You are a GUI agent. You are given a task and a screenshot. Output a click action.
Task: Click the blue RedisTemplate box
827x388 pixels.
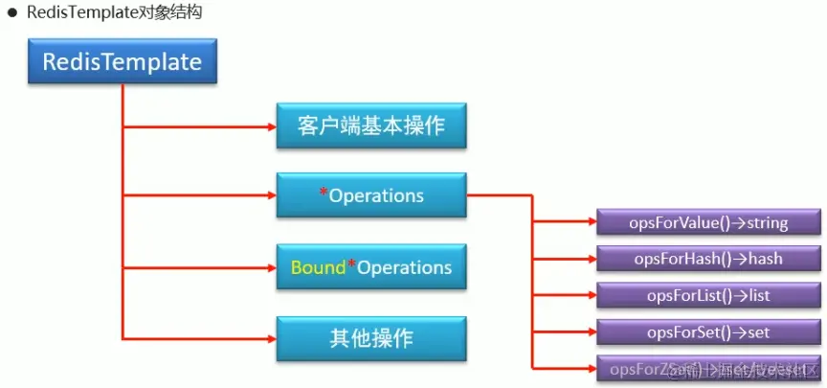click(123, 63)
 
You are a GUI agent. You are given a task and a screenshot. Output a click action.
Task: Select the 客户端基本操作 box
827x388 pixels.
click(371, 126)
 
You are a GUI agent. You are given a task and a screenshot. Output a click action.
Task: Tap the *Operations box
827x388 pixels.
click(371, 195)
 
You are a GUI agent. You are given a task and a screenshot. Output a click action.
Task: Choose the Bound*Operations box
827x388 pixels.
click(371, 266)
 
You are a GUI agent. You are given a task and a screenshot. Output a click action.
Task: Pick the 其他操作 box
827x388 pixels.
click(371, 338)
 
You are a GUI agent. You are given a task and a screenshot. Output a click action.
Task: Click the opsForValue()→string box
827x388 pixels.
click(708, 223)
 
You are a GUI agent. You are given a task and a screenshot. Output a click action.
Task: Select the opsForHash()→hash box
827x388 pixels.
click(708, 259)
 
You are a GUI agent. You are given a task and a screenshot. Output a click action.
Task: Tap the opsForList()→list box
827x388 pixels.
click(708, 296)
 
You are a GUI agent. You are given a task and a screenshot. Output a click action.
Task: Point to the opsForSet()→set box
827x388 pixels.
click(708, 332)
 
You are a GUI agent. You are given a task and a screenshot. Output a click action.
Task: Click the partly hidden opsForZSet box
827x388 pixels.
click(708, 369)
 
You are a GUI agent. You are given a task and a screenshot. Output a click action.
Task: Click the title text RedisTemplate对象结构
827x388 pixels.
click(114, 13)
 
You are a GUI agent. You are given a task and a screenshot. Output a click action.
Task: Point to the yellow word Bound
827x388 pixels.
click(318, 266)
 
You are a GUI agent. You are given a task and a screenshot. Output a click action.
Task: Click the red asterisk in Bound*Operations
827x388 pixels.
click(351, 264)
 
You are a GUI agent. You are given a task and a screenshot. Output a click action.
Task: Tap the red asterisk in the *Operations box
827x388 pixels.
click(324, 194)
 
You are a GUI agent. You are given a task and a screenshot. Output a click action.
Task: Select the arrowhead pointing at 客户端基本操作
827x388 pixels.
click(269, 126)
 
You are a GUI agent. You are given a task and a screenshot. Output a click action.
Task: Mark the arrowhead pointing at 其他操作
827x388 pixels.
click(269, 338)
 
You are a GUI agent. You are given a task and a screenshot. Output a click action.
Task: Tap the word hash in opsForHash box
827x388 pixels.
click(765, 259)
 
